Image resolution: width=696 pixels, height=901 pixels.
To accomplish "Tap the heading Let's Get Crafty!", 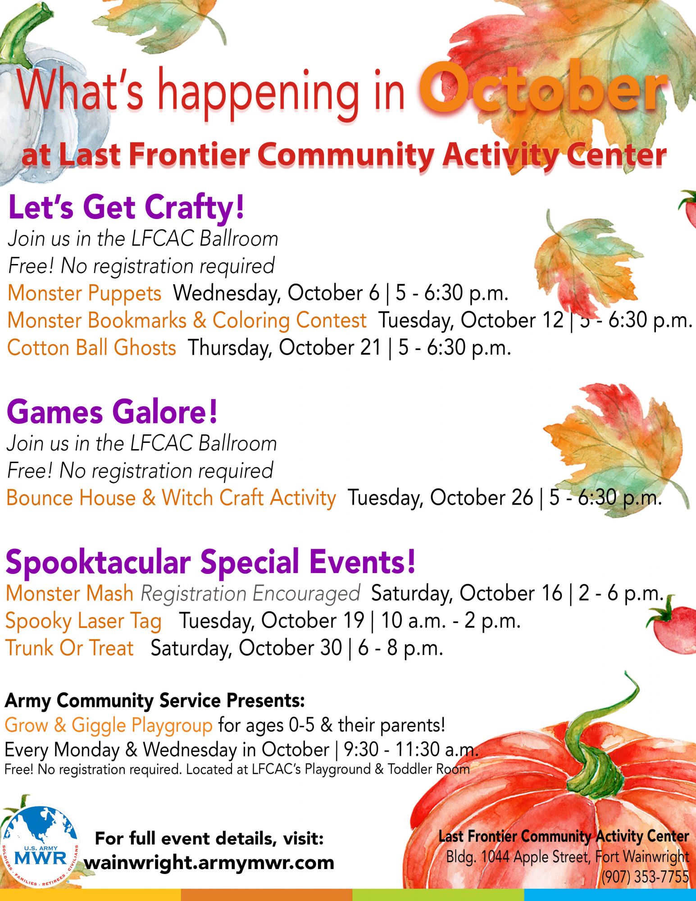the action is [126, 208].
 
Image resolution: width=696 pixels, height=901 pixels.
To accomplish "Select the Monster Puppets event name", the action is [84, 293].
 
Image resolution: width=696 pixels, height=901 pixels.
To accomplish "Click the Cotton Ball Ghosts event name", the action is [91, 348].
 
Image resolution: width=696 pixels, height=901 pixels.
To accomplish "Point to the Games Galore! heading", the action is [112, 412].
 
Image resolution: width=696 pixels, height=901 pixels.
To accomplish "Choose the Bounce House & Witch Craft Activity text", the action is [171, 498].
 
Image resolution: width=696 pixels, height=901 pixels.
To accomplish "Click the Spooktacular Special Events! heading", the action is [210, 562].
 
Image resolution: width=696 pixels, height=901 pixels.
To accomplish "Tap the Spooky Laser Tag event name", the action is [83, 621].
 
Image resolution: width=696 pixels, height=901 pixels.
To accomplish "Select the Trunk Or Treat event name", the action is [70, 648].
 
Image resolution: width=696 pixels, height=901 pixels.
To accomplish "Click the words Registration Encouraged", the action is [250, 594].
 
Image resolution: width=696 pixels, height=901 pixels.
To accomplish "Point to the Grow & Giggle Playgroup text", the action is [109, 725].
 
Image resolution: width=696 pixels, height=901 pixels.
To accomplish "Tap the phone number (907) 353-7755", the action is [645, 877].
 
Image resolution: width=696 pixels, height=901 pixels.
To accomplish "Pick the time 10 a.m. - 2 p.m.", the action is [451, 621].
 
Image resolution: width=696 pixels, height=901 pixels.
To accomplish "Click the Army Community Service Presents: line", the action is [155, 701].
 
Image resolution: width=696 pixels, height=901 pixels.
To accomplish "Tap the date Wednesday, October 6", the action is [277, 293].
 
